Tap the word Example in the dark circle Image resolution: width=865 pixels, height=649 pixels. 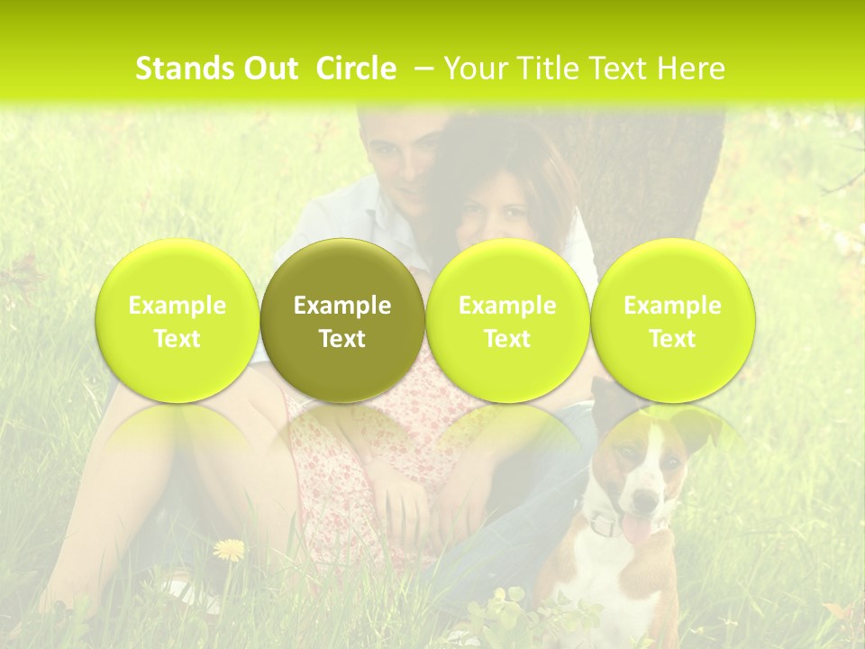pyautogui.click(x=342, y=306)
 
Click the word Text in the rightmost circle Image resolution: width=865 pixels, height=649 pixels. pyautogui.click(x=672, y=339)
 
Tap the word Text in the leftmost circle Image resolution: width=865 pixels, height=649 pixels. pyautogui.click(x=178, y=339)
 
